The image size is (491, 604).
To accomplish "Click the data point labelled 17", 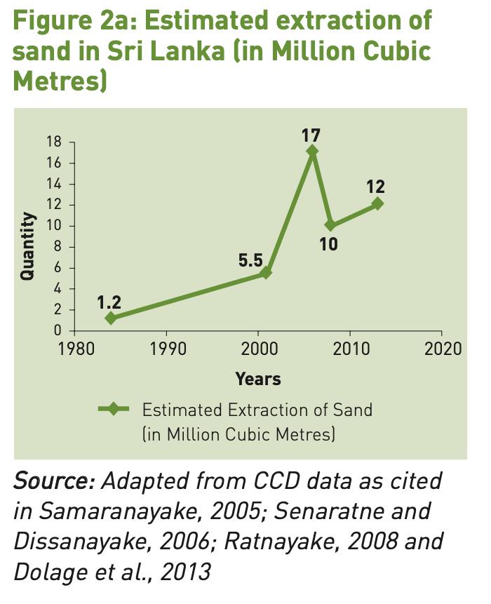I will tap(313, 151).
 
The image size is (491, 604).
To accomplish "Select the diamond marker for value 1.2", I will tap(110, 318).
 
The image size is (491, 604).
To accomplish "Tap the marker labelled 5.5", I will tap(266, 273).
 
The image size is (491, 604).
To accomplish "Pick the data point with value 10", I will tap(330, 225).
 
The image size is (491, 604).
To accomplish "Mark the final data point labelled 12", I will tap(377, 203).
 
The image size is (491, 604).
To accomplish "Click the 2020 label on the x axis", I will tap(442, 349).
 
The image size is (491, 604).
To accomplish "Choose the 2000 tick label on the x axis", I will tap(259, 349).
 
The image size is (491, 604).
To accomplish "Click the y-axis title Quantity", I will tap(28, 247).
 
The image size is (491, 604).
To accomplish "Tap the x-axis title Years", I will tap(258, 380).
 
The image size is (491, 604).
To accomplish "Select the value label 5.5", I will tap(250, 260).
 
